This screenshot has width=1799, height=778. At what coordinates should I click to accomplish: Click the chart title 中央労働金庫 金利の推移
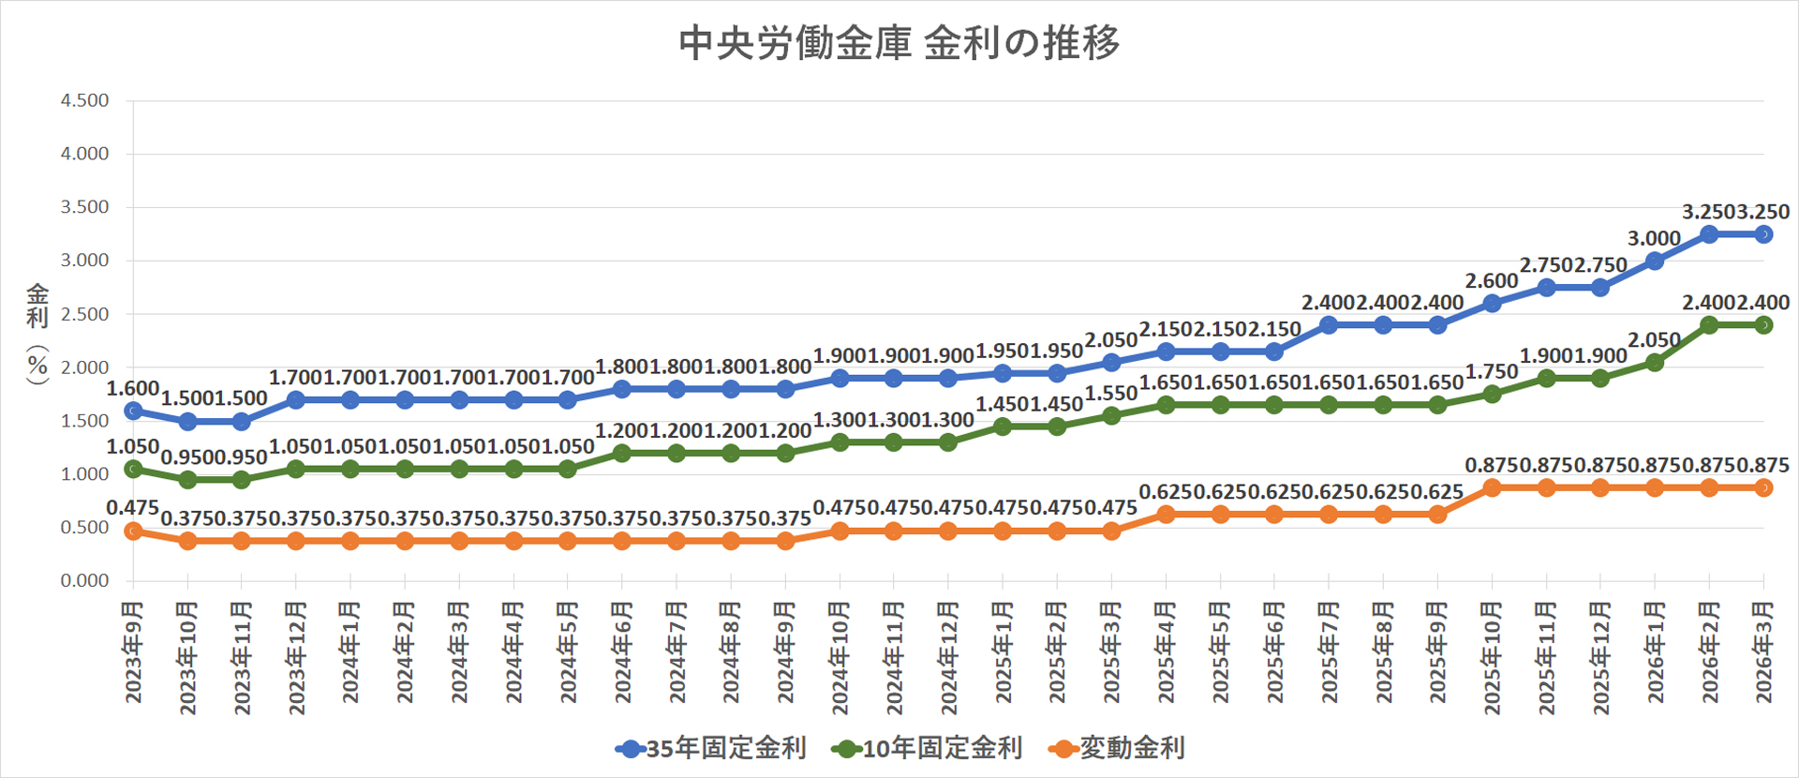point(899,43)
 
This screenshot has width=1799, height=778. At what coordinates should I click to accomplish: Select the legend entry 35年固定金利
point(711,748)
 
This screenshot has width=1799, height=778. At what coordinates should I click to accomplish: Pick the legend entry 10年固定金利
point(927,748)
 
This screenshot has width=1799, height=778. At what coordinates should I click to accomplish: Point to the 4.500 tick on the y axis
point(84,100)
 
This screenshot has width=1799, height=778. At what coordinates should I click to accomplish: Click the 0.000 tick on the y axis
point(84,581)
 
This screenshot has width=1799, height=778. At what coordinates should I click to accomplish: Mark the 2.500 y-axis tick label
point(84,314)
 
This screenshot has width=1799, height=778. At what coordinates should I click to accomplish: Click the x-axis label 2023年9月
point(134,652)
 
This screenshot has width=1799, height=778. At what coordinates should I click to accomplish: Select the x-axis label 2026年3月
point(1763,652)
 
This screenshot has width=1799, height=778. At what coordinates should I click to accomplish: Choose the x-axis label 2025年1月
point(1003,652)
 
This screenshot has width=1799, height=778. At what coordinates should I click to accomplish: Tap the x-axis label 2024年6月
point(622,652)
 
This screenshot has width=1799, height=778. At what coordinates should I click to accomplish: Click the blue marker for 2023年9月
point(133,411)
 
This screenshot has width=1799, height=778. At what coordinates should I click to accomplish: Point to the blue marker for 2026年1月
point(1655,261)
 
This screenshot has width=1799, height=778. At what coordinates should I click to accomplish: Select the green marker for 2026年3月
point(1763,325)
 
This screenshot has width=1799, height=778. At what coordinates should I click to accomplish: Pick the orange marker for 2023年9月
point(133,531)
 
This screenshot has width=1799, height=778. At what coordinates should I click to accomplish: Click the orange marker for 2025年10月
point(1492,488)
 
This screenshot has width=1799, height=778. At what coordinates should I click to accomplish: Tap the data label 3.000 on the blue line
point(1654,239)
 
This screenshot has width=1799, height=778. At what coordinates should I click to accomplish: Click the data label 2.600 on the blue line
point(1491,281)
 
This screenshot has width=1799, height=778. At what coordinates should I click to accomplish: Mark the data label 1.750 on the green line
point(1491,372)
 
